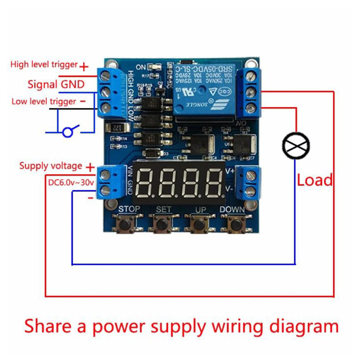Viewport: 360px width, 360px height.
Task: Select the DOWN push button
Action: [233, 224]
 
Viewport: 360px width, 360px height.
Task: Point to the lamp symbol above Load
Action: [296, 145]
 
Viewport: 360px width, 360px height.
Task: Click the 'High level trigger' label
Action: [44, 65]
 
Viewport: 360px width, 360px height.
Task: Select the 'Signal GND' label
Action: [56, 84]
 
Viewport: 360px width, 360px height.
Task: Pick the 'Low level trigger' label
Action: [44, 102]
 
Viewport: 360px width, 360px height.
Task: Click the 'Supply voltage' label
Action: [50, 166]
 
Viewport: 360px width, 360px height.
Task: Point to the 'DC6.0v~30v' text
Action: [71, 183]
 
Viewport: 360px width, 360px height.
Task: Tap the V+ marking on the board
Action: [229, 171]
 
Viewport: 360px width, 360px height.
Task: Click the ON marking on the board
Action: [141, 67]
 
